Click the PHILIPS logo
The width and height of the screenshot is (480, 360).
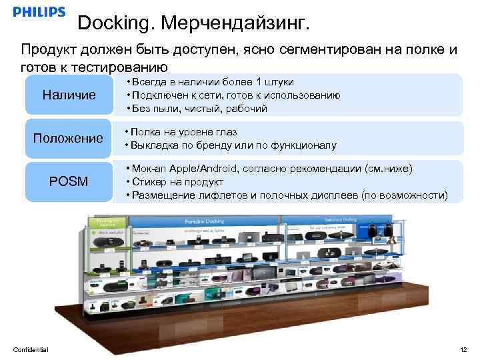pyautogui.click(x=39, y=12)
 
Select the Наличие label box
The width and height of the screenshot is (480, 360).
pyautogui.click(x=69, y=95)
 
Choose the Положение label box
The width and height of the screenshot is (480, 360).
pyautogui.click(x=69, y=138)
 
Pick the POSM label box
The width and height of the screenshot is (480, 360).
pyautogui.click(x=69, y=181)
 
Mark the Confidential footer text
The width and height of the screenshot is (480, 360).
pyautogui.click(x=31, y=350)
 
